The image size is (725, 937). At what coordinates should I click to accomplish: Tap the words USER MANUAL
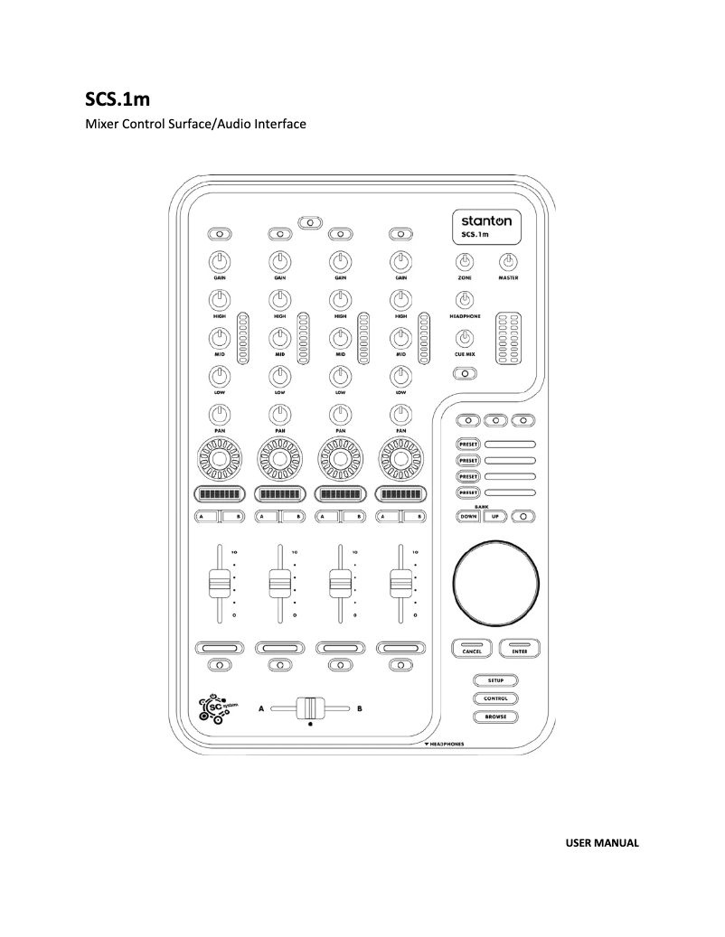601,843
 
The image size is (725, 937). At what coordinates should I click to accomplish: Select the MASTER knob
507,263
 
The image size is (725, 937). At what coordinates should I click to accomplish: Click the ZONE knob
465,263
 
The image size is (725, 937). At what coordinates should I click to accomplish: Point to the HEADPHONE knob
465,301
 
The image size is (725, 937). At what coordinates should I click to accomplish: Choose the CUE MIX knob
465,340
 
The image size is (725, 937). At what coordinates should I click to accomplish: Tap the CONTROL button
494,698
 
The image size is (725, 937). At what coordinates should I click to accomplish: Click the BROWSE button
494,717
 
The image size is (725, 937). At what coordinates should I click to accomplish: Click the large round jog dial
494,583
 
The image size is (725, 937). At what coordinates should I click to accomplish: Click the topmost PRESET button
470,445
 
